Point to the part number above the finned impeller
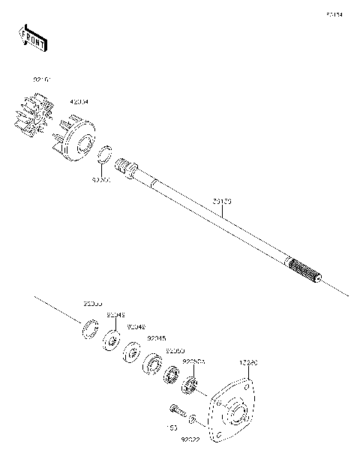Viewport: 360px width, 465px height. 42,79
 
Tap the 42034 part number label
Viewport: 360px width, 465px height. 79,101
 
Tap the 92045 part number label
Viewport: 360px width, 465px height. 157,339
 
